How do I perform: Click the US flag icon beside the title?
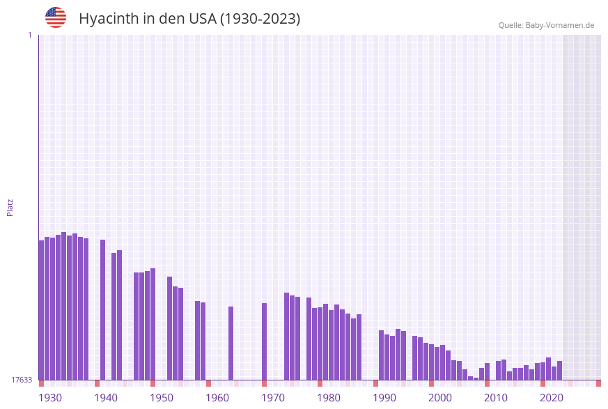[56, 17]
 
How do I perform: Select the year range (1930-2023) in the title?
[260, 19]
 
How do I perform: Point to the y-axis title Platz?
[10, 208]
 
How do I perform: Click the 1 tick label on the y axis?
[29, 35]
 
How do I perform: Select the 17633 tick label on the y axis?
[21, 380]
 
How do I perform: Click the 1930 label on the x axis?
[49, 398]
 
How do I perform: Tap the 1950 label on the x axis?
[162, 398]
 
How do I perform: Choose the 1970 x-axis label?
[273, 398]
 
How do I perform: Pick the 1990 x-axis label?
[384, 398]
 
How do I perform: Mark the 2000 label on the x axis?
[440, 398]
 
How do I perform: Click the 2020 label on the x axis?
[552, 398]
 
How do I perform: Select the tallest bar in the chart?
[64, 307]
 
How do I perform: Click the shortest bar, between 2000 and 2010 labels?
[476, 378]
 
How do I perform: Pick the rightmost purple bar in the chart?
[560, 371]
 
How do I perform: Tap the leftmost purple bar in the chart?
[41, 310]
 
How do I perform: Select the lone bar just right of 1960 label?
[231, 343]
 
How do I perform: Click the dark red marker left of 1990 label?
[376, 383]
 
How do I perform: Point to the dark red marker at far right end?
[598, 383]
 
